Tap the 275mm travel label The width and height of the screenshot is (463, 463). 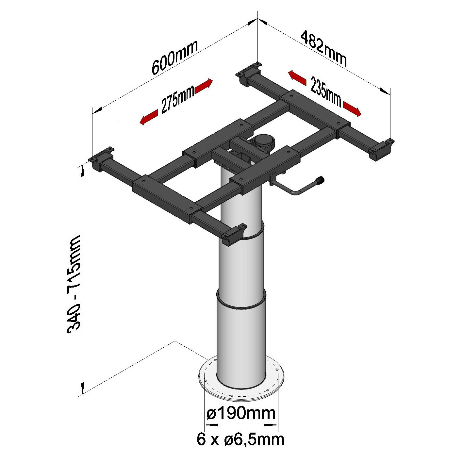tap(177, 100)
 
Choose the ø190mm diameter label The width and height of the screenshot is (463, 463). tap(241, 414)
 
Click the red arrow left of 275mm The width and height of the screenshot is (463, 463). tap(149, 117)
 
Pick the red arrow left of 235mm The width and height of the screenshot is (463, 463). tap(297, 77)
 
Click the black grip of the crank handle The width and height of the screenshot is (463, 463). tap(319, 180)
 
